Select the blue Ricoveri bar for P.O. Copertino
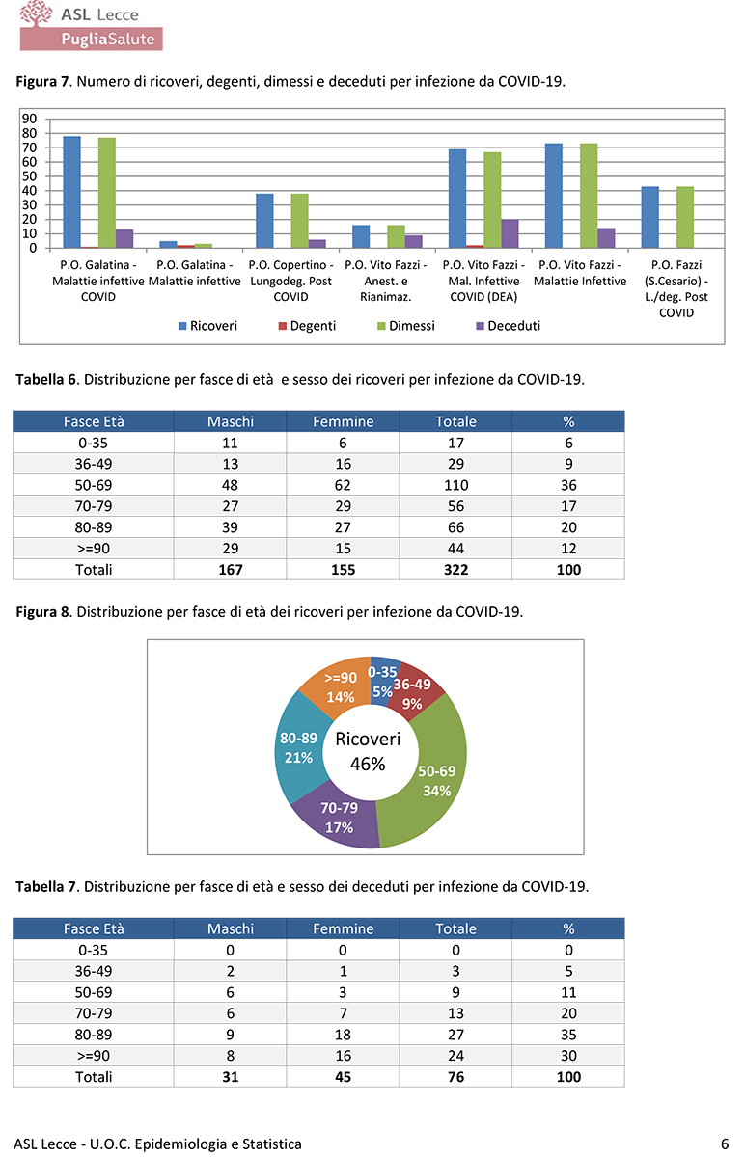point(264,221)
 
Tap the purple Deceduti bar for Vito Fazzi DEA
point(510,233)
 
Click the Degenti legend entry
point(306,326)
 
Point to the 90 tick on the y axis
point(29,120)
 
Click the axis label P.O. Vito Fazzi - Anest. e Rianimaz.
point(386,281)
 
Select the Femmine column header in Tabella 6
point(343,421)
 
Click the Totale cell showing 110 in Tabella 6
point(455,485)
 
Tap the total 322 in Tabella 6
point(455,570)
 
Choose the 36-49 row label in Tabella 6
point(94,464)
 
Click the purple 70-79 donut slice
point(338,818)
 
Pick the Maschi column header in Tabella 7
point(231,928)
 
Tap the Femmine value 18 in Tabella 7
point(343,1035)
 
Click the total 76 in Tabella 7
point(455,1077)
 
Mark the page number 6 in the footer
point(724,1144)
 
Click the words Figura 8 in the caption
point(44,612)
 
